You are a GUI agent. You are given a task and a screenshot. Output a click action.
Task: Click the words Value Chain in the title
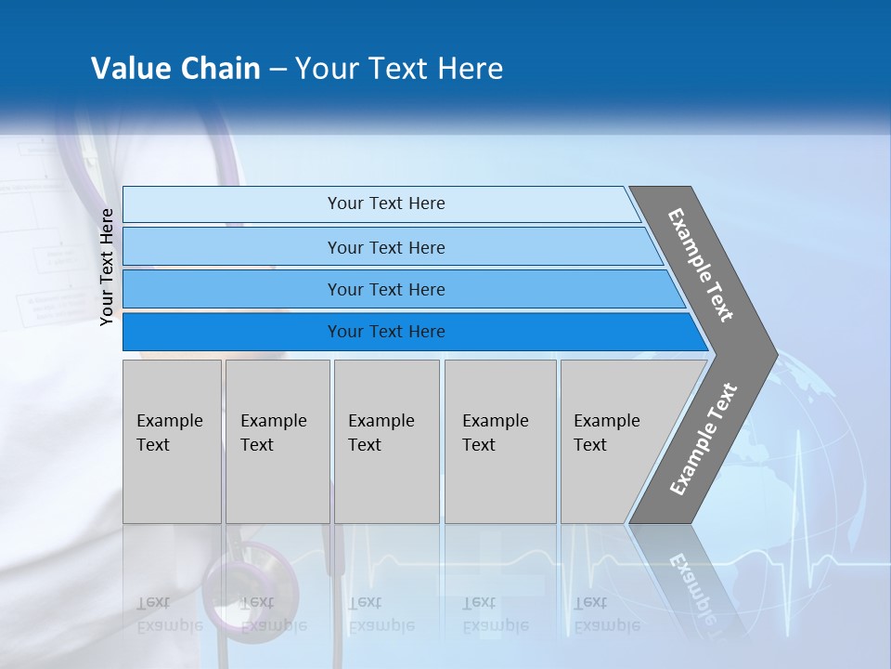coord(175,69)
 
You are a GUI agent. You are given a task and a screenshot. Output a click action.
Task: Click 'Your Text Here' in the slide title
coord(399,69)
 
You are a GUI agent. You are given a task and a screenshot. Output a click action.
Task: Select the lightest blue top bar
coord(385,203)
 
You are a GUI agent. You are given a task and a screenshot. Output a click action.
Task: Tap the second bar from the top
coord(385,247)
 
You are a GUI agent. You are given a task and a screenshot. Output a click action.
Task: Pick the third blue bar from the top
coord(385,289)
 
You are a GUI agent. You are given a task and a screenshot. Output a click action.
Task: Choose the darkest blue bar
coord(385,332)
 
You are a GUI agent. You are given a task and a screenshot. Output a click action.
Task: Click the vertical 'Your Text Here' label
coord(107,267)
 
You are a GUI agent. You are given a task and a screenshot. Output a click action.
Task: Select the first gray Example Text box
coord(172,441)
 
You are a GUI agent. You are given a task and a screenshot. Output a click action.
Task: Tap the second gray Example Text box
coord(278,441)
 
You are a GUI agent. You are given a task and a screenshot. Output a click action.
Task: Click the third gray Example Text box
coord(386,441)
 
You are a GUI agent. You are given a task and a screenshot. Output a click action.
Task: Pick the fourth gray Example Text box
coord(500,441)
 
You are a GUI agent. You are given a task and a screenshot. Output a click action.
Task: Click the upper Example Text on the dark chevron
coord(701,265)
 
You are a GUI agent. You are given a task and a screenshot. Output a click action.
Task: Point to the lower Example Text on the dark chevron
coord(703,439)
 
